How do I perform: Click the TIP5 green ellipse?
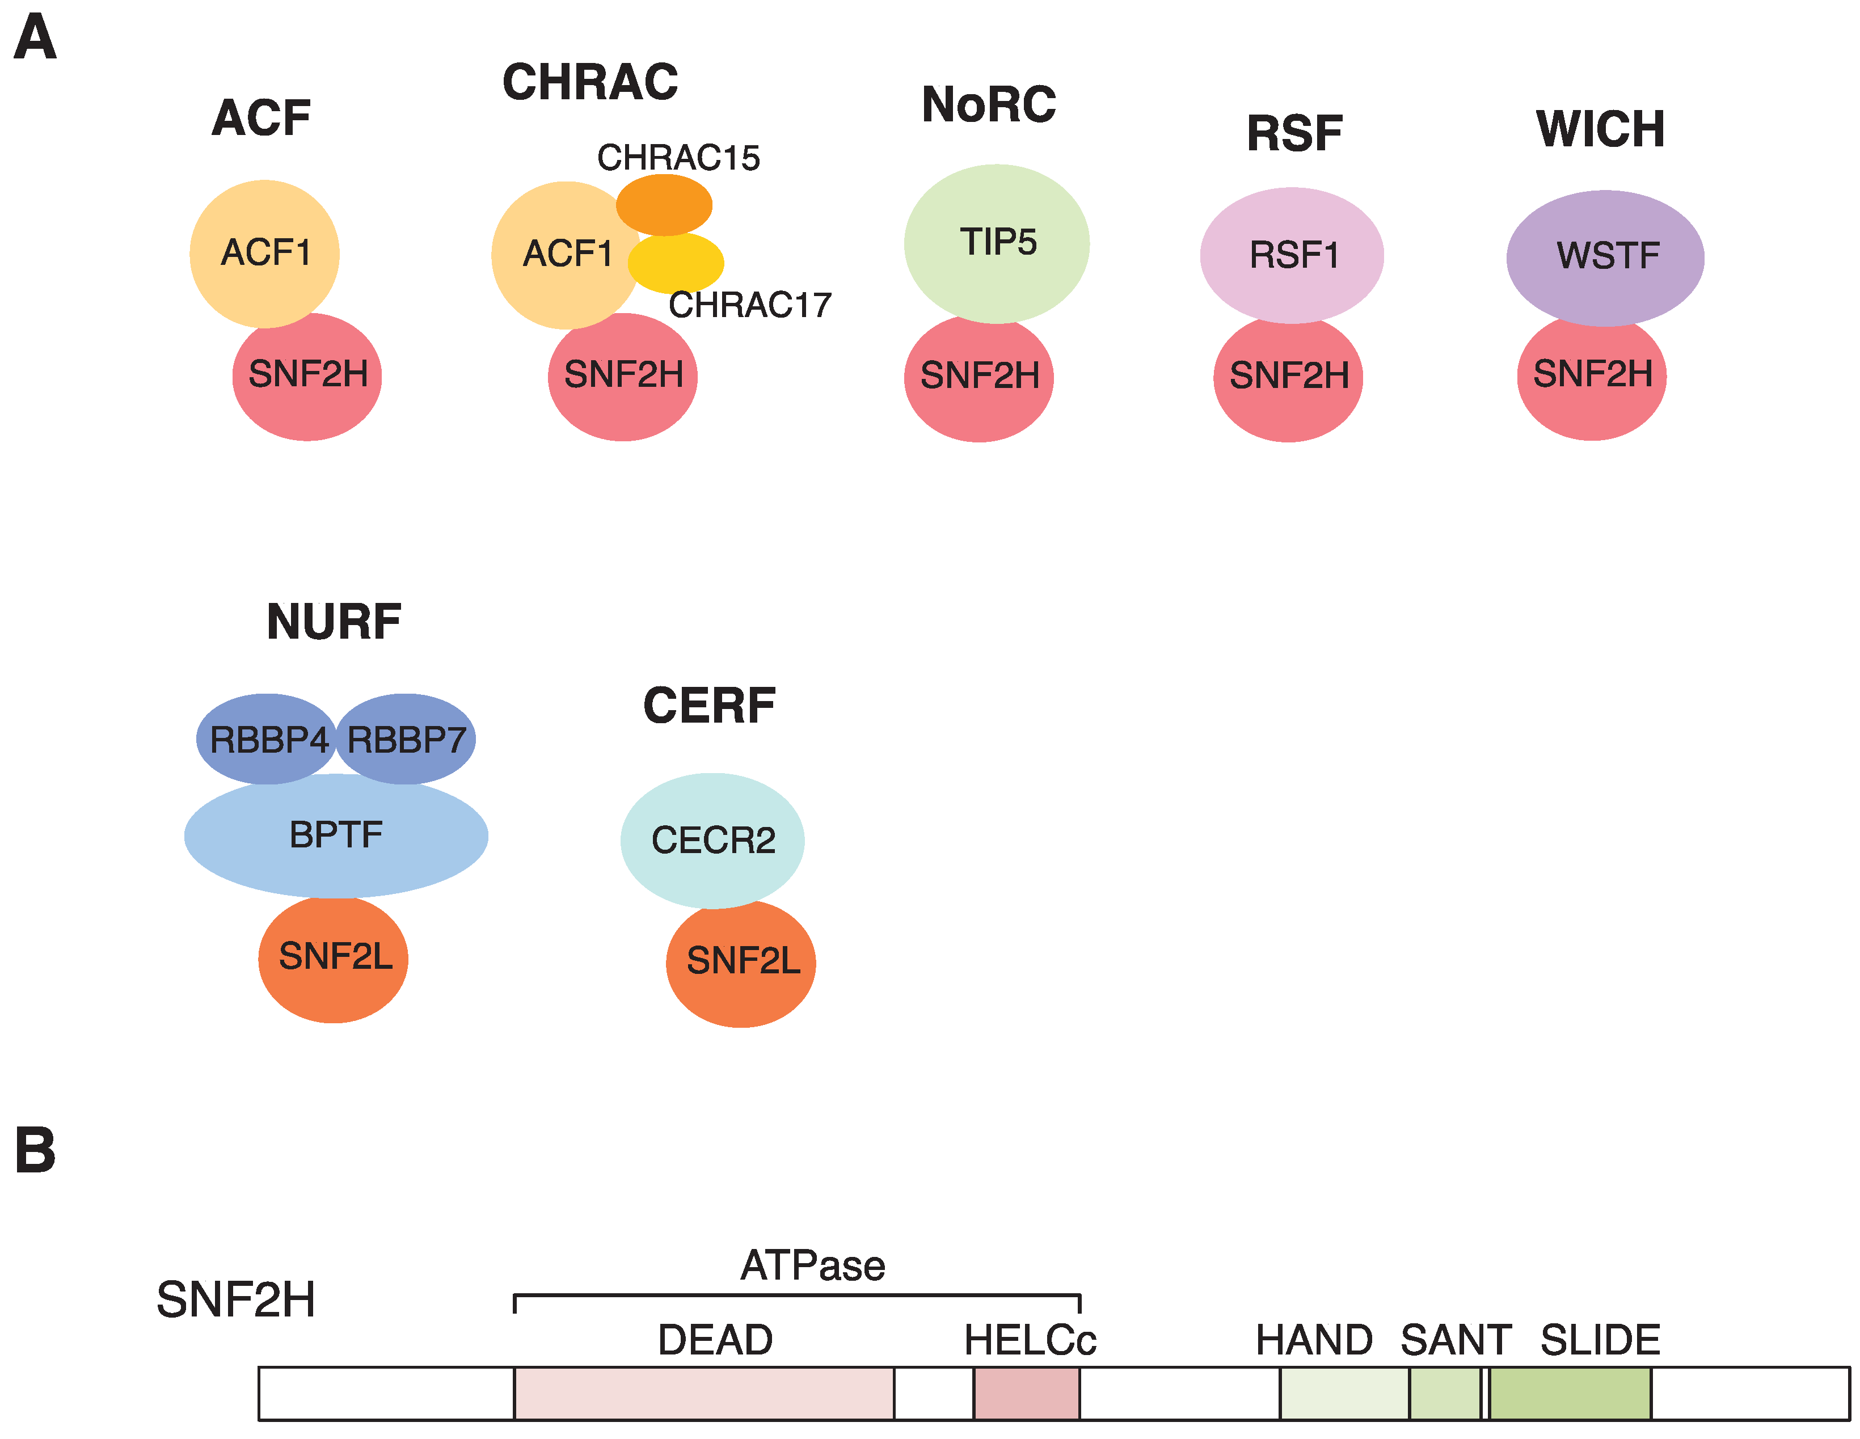(x=997, y=243)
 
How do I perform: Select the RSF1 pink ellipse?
(x=1292, y=255)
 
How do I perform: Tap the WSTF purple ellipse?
(x=1605, y=256)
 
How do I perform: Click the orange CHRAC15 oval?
(x=664, y=204)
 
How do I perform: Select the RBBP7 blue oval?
(x=406, y=739)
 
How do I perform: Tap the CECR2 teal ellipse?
(x=713, y=841)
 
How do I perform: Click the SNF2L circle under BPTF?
(x=334, y=958)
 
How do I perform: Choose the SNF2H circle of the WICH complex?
(x=1592, y=377)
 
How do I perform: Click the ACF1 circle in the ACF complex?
(x=265, y=253)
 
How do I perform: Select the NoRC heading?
(x=989, y=105)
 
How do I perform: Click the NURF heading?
(x=334, y=622)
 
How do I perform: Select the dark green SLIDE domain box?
(x=1570, y=1394)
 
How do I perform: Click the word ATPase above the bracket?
(x=812, y=1265)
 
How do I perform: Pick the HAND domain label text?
(x=1314, y=1340)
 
